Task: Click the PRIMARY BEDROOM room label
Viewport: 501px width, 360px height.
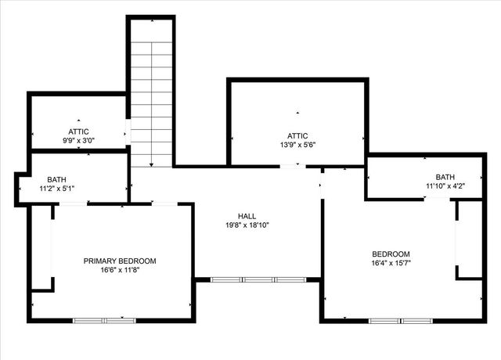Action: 120,261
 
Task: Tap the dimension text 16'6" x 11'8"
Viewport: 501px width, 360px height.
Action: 120,271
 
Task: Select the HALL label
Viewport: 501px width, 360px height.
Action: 247,216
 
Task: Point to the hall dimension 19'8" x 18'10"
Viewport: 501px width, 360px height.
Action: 247,225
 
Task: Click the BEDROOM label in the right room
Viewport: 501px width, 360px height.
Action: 391,254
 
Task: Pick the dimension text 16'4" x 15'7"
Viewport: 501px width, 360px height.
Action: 391,264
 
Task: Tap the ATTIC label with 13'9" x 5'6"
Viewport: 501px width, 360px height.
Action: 297,135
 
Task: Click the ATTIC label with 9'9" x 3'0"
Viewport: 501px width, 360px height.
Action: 79,131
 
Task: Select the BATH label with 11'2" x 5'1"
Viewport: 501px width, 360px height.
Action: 57,179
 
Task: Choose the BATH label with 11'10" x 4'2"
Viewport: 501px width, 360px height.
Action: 445,177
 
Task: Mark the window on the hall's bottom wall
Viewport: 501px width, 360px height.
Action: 258,279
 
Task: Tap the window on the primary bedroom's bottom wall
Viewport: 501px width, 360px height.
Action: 104,319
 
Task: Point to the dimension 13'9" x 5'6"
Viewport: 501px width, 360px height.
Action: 297,144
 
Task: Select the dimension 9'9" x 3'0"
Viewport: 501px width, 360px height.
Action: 79,141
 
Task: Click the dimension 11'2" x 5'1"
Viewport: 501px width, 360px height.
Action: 57,189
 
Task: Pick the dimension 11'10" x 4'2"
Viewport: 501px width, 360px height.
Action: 445,186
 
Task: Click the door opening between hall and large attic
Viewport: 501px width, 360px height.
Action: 290,166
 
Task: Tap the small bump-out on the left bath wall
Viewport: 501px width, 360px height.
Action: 20,188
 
